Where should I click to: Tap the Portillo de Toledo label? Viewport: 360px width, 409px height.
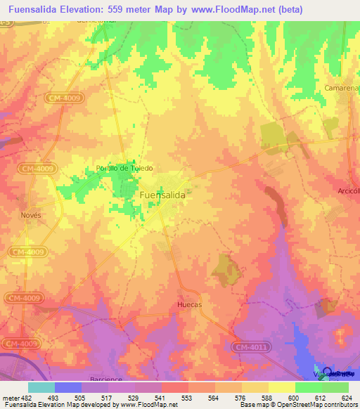coord(124,168)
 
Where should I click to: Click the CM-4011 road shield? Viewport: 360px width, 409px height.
coord(250,346)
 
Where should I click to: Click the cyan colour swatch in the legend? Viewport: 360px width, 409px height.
coord(41,387)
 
